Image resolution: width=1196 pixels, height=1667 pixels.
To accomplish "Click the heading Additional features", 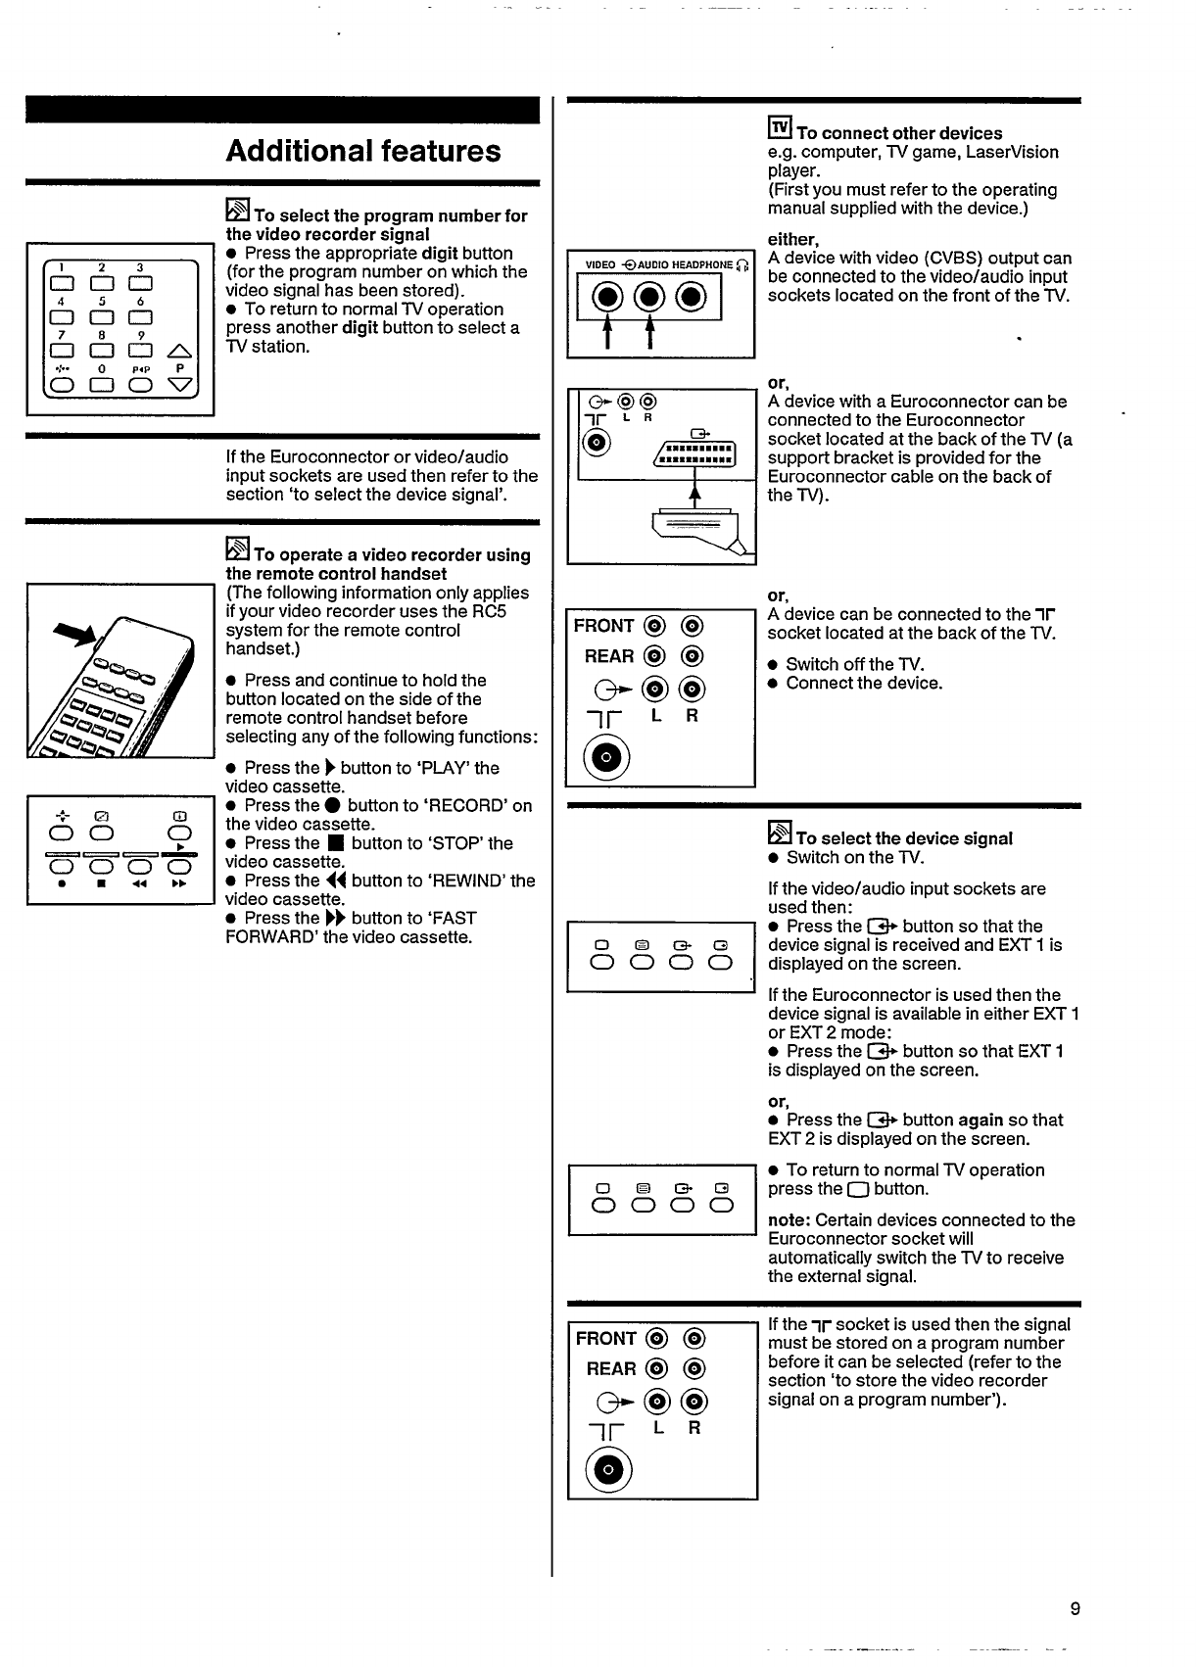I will point(362,151).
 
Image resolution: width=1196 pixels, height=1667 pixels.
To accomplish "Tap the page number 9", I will point(1075,1608).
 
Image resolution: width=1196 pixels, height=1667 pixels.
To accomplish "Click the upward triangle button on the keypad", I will point(180,350).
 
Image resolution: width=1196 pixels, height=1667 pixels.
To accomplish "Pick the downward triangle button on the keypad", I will point(180,385).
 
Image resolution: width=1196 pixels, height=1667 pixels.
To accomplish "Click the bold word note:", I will point(789,1220).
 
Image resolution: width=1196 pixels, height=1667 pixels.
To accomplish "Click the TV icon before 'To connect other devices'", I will point(780,129).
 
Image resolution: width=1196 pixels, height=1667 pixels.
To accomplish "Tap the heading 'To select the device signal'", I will point(904,838).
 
